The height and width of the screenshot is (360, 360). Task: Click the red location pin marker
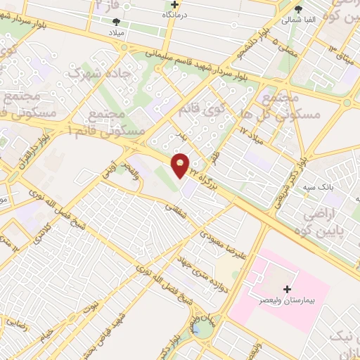181,165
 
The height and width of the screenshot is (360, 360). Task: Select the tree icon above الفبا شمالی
299,9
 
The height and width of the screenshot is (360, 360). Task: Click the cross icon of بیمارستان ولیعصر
286,289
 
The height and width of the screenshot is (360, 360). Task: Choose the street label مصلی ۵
269,50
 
